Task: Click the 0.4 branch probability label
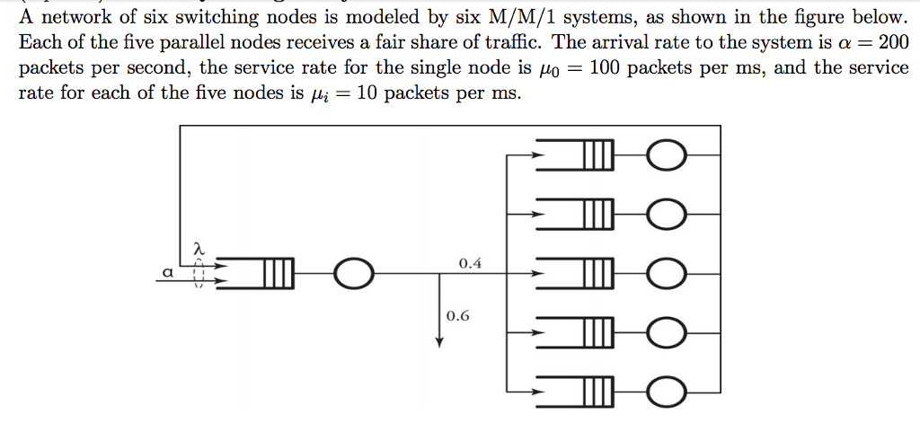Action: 469,264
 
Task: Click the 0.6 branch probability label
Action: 457,316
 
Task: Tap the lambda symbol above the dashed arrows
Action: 199,246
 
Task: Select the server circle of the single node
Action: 352,276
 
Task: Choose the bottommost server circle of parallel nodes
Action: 667,392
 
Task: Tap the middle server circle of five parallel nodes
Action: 667,274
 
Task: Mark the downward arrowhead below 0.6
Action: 439,341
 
